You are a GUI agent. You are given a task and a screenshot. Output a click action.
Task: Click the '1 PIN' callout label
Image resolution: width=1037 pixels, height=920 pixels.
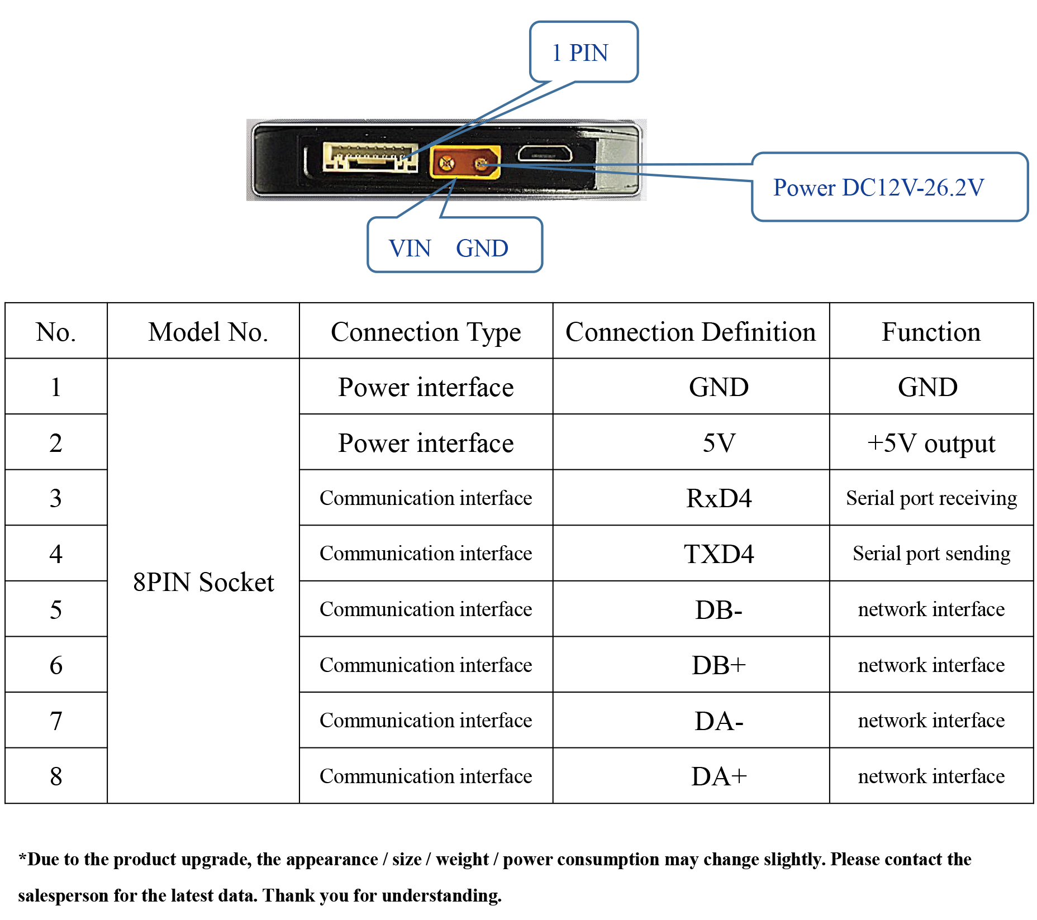tap(580, 53)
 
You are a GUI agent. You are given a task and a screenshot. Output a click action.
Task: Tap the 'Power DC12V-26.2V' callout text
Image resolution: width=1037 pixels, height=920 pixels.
tap(878, 188)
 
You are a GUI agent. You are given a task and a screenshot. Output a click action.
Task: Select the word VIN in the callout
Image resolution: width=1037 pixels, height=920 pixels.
tap(410, 249)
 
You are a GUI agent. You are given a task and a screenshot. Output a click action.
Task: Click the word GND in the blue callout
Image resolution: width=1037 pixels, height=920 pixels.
tap(482, 249)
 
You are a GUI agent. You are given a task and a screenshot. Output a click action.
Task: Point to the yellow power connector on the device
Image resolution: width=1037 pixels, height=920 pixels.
tap(465, 162)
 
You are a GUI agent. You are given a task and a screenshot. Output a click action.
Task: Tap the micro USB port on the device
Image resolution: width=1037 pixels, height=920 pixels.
tap(544, 154)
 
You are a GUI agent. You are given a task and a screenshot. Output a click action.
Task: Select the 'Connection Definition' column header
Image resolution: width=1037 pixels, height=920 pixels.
tap(691, 332)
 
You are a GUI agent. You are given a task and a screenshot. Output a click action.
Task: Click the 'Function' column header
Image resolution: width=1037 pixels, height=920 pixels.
tap(931, 332)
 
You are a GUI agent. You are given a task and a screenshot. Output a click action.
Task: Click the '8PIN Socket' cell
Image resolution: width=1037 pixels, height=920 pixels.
tap(203, 582)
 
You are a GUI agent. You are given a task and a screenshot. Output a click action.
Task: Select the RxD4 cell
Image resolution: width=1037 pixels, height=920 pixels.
tap(719, 498)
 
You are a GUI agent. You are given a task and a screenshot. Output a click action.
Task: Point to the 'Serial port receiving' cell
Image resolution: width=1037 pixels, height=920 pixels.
tap(931, 498)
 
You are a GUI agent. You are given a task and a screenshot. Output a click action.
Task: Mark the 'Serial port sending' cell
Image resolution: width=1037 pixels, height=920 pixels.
tap(931, 554)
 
